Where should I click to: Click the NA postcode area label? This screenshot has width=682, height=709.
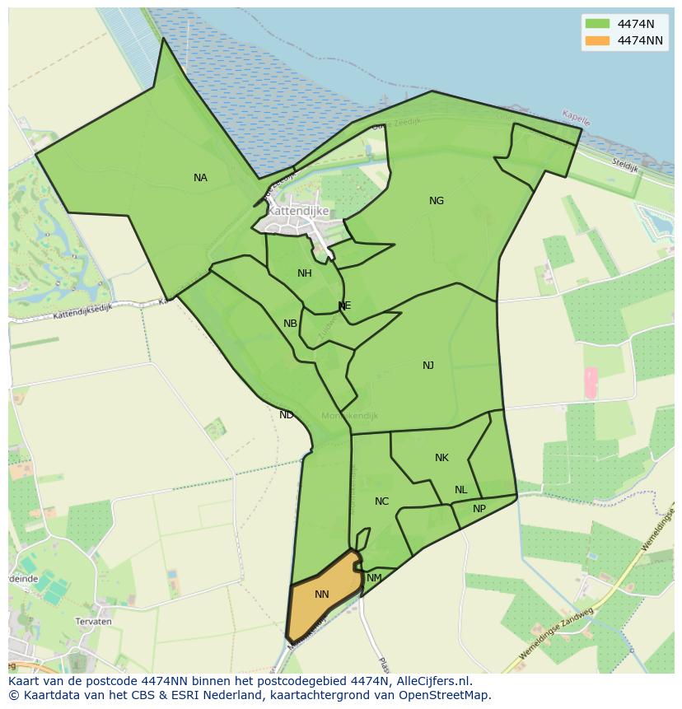(x=200, y=178)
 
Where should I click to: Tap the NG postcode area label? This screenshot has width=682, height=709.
(x=437, y=201)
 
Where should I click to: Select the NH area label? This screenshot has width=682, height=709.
(x=305, y=273)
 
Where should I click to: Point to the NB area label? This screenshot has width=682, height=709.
(x=290, y=324)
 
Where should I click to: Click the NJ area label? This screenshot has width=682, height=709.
(x=428, y=366)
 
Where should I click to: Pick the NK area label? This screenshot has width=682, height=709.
(x=441, y=458)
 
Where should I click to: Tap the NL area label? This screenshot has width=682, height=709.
(x=460, y=490)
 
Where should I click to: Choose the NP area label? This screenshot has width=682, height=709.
(x=479, y=509)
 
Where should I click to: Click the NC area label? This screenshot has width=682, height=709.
(x=381, y=501)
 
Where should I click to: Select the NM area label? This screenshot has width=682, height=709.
(x=374, y=578)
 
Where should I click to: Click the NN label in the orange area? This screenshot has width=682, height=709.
(x=322, y=595)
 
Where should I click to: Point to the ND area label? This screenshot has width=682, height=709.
(x=286, y=415)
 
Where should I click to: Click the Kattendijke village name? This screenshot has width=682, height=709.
(x=298, y=211)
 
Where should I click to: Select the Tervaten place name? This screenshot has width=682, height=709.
(x=93, y=622)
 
